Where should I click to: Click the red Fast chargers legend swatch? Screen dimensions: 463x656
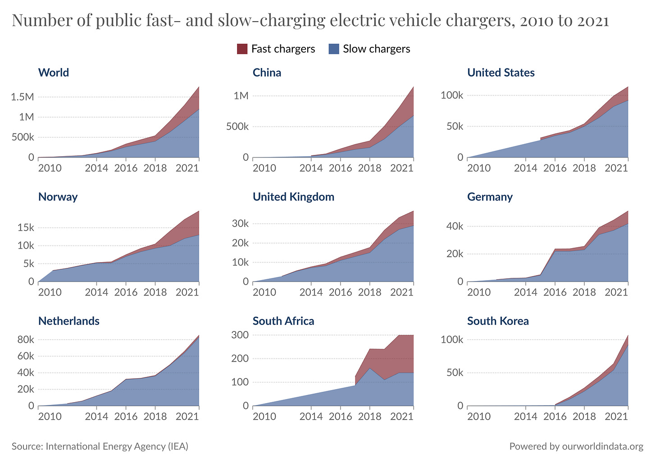click(x=242, y=49)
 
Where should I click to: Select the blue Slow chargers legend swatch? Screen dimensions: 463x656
click(x=334, y=49)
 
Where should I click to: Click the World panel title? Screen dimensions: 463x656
click(x=54, y=73)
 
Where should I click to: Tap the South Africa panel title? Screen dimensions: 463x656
click(x=283, y=321)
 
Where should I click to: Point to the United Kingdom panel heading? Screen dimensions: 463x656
click(x=293, y=197)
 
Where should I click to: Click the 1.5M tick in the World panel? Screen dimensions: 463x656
click(x=22, y=97)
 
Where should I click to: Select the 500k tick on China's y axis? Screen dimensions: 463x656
click(x=237, y=127)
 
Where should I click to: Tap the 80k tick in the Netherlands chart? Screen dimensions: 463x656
click(x=25, y=340)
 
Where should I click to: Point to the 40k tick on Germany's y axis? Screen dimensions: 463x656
click(x=454, y=226)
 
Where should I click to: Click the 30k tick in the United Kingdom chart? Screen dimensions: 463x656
click(x=240, y=224)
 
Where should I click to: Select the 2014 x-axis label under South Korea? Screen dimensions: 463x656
click(x=525, y=416)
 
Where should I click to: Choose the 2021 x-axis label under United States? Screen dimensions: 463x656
click(x=616, y=168)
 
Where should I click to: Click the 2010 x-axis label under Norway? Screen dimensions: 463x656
click(x=50, y=292)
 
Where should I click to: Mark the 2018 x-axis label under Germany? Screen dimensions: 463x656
click(x=584, y=292)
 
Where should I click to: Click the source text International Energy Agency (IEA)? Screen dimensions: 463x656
click(x=117, y=446)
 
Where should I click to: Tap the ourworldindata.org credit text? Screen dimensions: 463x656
click(x=602, y=446)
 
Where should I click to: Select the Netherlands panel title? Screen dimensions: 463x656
click(x=69, y=321)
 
